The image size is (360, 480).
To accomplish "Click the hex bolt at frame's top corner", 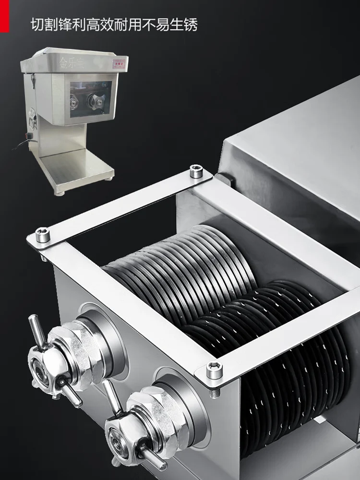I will (x=196, y=171).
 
